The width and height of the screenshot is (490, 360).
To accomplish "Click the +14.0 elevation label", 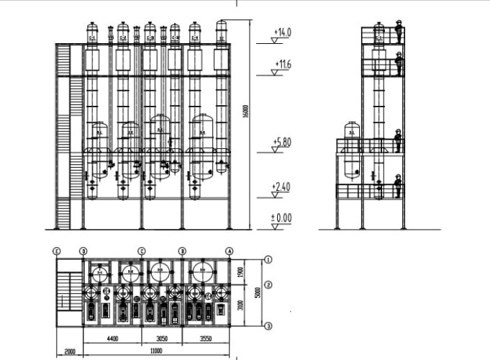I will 283,32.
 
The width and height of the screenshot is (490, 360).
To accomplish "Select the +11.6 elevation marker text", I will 283,65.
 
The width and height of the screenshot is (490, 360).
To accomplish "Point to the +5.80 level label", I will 283,142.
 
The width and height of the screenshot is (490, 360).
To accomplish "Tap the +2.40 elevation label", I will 281,187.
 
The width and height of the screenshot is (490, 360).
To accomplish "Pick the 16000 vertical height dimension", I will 247,112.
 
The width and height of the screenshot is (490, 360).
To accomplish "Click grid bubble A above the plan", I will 230,251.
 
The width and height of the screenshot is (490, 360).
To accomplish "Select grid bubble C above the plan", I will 142,251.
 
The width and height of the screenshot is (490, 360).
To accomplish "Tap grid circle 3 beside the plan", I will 268,326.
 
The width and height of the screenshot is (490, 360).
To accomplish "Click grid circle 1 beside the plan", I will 268,259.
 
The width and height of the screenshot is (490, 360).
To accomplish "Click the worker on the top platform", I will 398,32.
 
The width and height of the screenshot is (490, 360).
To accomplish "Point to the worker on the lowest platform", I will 397,186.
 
